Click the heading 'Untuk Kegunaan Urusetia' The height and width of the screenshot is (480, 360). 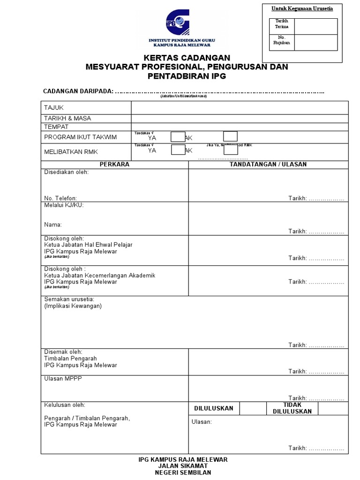pyautogui.click(x=302, y=9)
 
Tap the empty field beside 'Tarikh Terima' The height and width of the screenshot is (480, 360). pyautogui.click(x=316, y=26)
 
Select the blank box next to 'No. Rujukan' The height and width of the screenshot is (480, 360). pyautogui.click(x=316, y=42)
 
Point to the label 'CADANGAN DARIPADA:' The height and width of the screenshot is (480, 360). pyautogui.click(x=78, y=91)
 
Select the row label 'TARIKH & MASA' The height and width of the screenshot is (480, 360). pyautogui.click(x=67, y=118)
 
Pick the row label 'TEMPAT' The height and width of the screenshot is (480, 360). pyautogui.click(x=56, y=127)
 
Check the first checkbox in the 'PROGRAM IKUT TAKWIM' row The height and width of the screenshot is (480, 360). pyautogui.click(x=178, y=137)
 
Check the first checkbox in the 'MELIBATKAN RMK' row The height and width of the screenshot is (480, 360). pyautogui.click(x=178, y=150)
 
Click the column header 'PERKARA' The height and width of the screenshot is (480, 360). pyautogui.click(x=114, y=165)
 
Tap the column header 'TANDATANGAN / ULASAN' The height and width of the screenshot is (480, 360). pyautogui.click(x=268, y=165)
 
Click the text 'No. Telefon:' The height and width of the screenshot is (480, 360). pyautogui.click(x=60, y=198)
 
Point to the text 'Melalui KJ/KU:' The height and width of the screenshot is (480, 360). pyautogui.click(x=64, y=205)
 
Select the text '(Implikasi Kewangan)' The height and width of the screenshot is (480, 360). pyautogui.click(x=73, y=306)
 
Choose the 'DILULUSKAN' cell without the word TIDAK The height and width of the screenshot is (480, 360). pyautogui.click(x=214, y=408)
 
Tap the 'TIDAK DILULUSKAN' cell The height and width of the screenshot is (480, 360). pyautogui.click(x=292, y=408)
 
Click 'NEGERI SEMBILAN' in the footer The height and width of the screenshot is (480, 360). pyautogui.click(x=183, y=472)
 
